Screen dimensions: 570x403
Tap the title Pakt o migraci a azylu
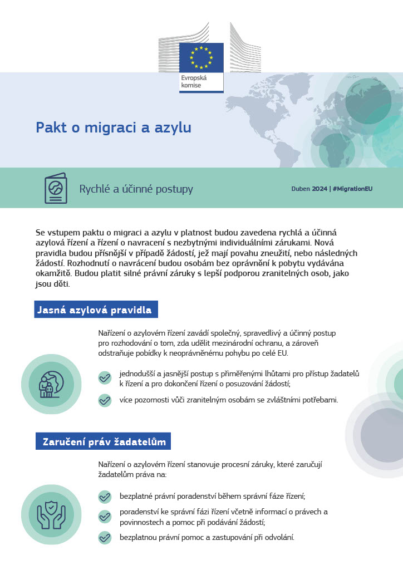[114, 127]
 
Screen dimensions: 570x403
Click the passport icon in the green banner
[56, 189]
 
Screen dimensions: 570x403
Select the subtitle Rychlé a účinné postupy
[136, 189]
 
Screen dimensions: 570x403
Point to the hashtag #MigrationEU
[352, 189]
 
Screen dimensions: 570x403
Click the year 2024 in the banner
[320, 189]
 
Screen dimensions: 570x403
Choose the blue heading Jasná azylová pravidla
[96, 310]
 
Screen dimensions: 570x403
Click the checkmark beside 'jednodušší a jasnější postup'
[105, 378]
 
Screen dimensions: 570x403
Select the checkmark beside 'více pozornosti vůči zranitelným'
[105, 400]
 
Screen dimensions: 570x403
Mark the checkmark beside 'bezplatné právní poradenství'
[105, 497]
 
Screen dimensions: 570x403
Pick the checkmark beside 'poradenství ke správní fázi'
[105, 517]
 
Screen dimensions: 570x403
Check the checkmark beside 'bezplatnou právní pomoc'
[105, 538]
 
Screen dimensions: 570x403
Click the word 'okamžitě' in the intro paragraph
[53, 274]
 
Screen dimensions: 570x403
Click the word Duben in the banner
[301, 189]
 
